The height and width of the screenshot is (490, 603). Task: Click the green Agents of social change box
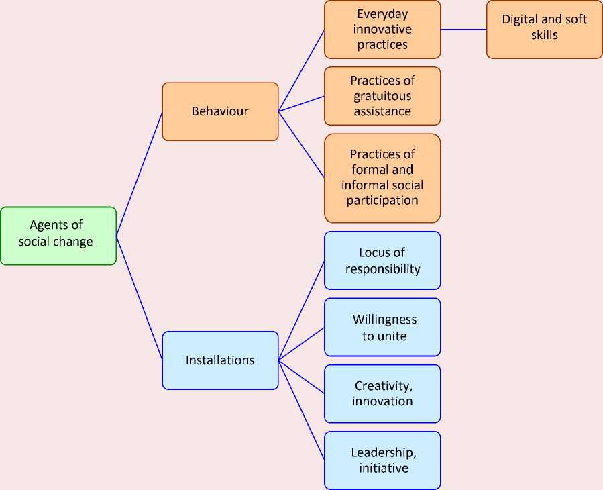pyautogui.click(x=58, y=235)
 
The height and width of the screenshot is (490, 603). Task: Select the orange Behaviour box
pyautogui.click(x=220, y=111)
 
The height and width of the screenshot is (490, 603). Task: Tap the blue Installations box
pyautogui.click(x=220, y=360)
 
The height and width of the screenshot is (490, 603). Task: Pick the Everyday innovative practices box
pyautogui.click(x=382, y=30)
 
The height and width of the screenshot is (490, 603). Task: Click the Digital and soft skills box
pyautogui.click(x=544, y=27)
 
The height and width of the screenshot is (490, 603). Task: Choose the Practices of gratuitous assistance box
pyautogui.click(x=382, y=96)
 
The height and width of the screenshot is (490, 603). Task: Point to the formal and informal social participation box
pyautogui.click(x=382, y=178)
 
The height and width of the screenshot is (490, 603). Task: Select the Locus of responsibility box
pyautogui.click(x=382, y=260)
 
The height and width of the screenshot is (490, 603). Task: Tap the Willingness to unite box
pyautogui.click(x=382, y=327)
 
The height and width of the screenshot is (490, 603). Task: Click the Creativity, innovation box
pyautogui.click(x=382, y=393)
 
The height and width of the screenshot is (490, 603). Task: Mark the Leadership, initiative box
pyautogui.click(x=382, y=460)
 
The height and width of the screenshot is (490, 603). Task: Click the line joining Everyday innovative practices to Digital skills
pyautogui.click(x=463, y=30)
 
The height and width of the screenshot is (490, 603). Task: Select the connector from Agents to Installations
pyautogui.click(x=140, y=298)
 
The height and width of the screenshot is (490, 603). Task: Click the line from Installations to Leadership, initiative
pyautogui.click(x=302, y=410)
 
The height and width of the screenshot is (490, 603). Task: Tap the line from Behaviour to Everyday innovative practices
pyautogui.click(x=302, y=70)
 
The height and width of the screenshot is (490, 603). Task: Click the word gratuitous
pyautogui.click(x=382, y=96)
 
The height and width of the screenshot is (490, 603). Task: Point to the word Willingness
pyautogui.click(x=384, y=320)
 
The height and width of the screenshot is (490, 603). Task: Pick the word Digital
pyautogui.click(x=520, y=19)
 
